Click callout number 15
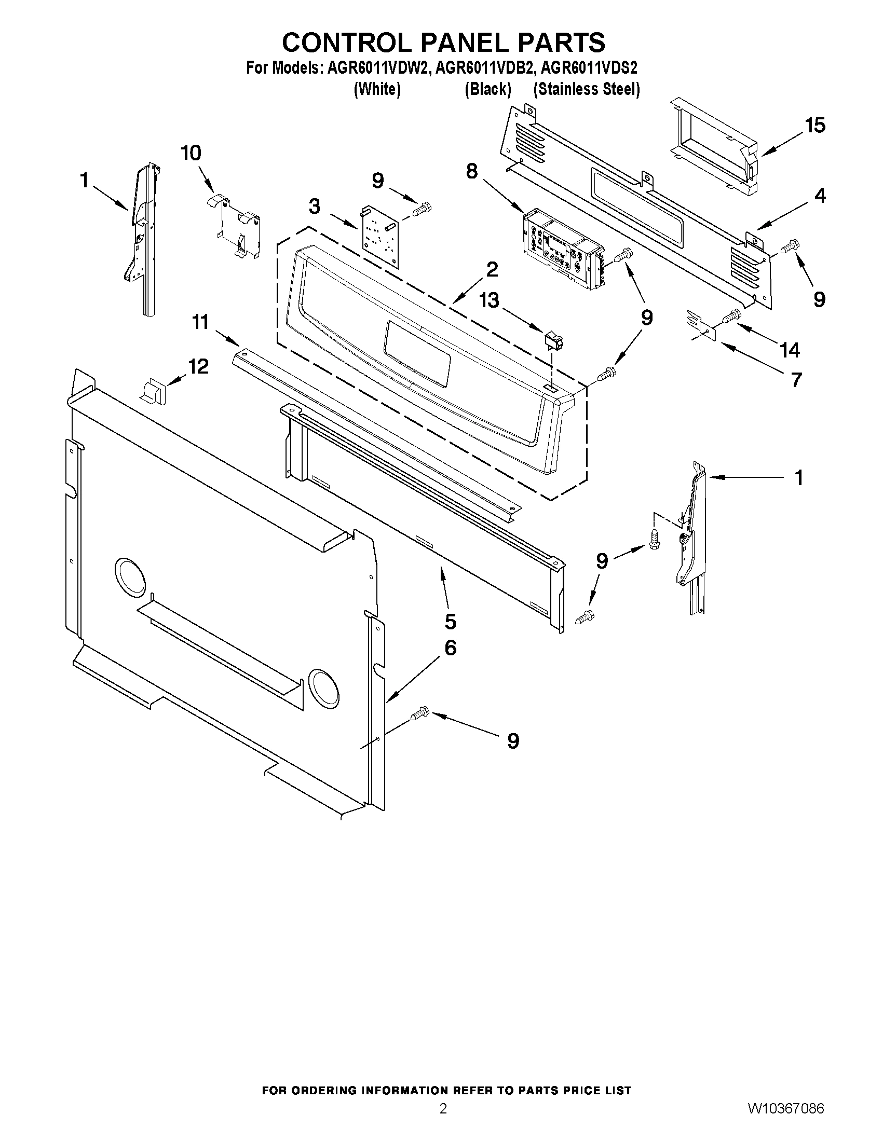coord(815,126)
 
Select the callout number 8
coord(472,171)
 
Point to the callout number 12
coord(198,366)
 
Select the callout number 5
coord(451,621)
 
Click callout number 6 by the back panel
coord(451,648)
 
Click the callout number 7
coord(796,380)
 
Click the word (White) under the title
coord(377,89)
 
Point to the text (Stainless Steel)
coord(587,89)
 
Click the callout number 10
coord(191,153)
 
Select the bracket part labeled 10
coord(239,228)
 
